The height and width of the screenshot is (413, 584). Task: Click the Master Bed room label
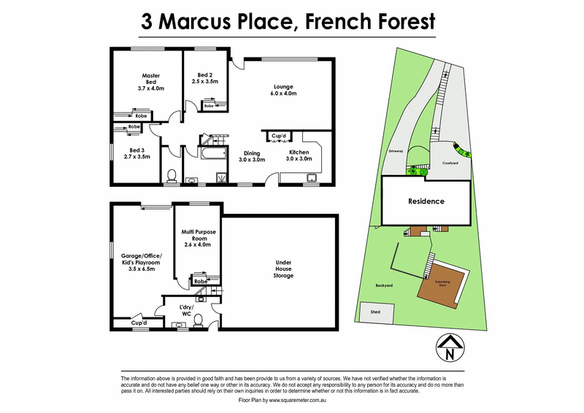coord(152,81)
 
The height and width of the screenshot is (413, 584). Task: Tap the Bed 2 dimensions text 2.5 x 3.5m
coord(205,82)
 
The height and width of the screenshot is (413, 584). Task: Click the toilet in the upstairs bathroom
coord(172,175)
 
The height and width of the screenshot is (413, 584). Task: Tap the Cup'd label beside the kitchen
coord(278,136)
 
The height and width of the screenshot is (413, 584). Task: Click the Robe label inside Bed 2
coord(209,107)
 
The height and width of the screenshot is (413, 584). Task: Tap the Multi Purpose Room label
coord(195,237)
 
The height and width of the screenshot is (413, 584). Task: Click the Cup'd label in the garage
coord(139,323)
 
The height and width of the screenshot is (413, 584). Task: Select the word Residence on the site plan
coord(426,201)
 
